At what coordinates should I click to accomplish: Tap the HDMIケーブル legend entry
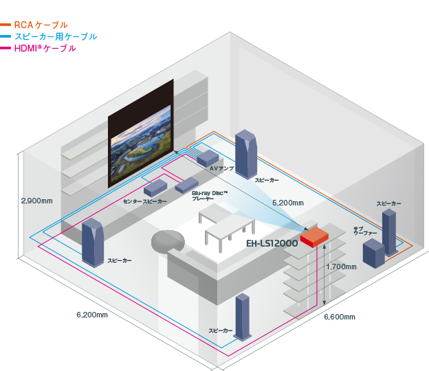click(45, 49)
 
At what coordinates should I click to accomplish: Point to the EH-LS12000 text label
click(272, 244)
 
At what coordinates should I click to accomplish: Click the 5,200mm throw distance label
click(288, 203)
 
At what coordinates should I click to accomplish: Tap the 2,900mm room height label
click(36, 201)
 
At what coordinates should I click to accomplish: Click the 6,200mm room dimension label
click(91, 315)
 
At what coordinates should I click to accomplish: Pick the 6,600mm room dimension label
click(340, 317)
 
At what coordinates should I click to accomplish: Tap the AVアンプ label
click(222, 168)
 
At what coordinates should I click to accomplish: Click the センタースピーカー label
click(144, 201)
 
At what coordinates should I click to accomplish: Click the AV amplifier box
click(207, 157)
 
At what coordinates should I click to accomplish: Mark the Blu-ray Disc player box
click(186, 185)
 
